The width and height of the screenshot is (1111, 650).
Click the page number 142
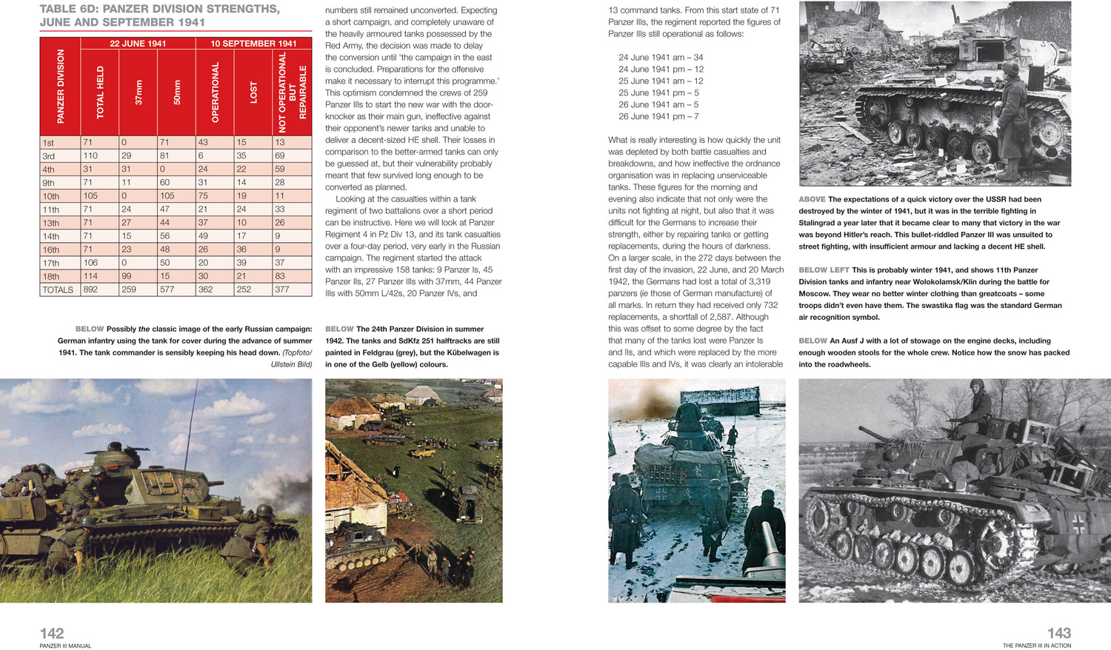[x=52, y=633]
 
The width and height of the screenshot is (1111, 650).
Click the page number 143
[x=1058, y=633]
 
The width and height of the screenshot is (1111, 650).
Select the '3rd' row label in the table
[x=49, y=156]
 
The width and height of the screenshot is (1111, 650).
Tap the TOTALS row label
[x=58, y=289]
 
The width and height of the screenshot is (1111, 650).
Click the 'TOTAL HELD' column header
[x=100, y=93]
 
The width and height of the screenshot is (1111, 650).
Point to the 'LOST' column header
[x=253, y=93]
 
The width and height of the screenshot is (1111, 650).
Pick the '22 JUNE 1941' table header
[x=138, y=44]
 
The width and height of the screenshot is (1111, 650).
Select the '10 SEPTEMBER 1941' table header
[x=253, y=44]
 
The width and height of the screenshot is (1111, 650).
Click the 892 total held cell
[x=90, y=289]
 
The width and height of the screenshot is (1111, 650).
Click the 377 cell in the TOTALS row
[x=282, y=289]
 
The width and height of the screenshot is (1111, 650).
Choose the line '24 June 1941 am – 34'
[x=661, y=57]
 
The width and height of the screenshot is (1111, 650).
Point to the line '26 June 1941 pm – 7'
[x=658, y=116]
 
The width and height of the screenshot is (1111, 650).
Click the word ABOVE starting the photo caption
[x=812, y=199]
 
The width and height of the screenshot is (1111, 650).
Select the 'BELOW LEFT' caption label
[x=824, y=270]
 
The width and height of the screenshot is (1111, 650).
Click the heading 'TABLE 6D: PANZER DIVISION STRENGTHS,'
[x=159, y=10]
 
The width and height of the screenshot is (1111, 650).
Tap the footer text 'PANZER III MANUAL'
[x=65, y=646]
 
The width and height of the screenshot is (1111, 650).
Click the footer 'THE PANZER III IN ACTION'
[x=1036, y=646]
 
